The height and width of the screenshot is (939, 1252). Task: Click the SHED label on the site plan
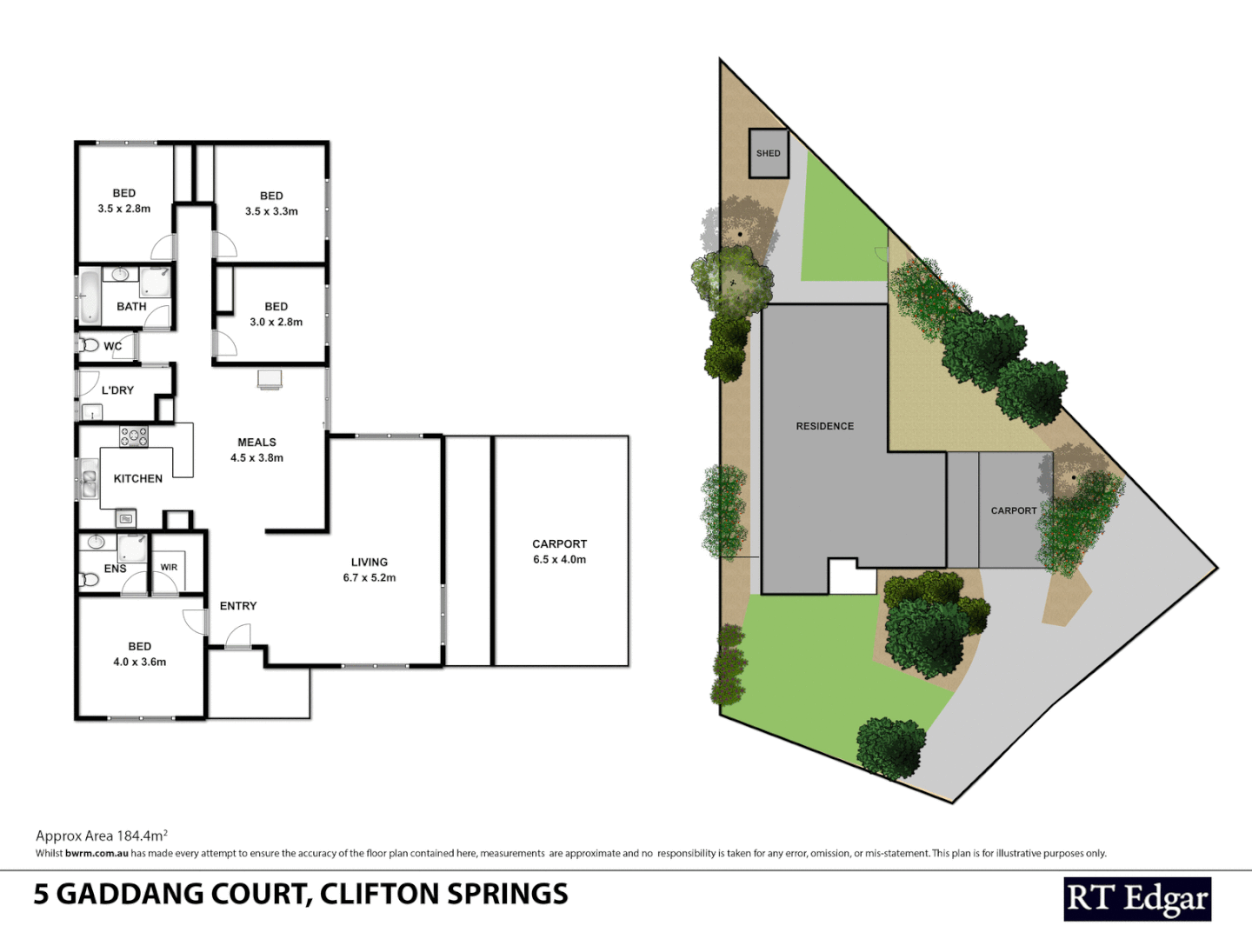(x=768, y=153)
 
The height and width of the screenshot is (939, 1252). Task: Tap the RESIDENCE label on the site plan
(x=824, y=426)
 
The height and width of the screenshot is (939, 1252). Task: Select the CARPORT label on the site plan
(x=1013, y=510)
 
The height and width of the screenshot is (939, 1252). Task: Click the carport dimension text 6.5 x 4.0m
(x=559, y=560)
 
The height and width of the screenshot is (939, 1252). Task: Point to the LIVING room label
(x=369, y=563)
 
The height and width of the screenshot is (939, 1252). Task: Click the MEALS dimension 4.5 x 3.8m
(x=256, y=458)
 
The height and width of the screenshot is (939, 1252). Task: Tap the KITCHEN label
(x=137, y=479)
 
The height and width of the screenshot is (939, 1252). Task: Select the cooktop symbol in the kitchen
(x=134, y=436)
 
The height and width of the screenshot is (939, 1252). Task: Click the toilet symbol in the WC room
(x=90, y=345)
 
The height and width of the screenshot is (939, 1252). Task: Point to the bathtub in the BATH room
(x=90, y=296)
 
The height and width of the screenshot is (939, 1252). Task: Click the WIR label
(x=169, y=568)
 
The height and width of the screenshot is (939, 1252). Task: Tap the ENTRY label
(x=237, y=606)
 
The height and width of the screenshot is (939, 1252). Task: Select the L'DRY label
(x=117, y=390)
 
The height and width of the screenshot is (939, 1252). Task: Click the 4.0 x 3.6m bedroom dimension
(x=139, y=663)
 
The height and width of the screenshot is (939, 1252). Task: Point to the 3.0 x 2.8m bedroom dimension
(x=276, y=323)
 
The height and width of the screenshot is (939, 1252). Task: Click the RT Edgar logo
(x=1136, y=899)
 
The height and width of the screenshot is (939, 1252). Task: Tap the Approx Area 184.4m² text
(x=101, y=836)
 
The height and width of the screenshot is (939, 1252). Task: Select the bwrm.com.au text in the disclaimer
(x=97, y=854)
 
